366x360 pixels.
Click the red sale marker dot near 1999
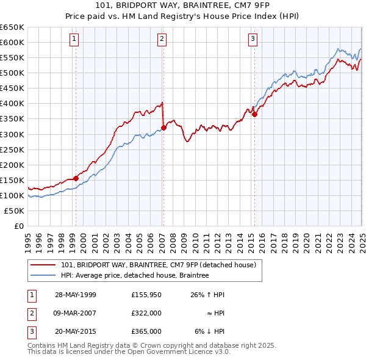click(x=76, y=178)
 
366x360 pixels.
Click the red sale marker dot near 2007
click(x=163, y=128)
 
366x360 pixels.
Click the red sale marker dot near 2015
click(x=254, y=114)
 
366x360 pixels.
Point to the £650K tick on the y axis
click(x=12, y=27)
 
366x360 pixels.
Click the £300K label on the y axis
click(x=12, y=134)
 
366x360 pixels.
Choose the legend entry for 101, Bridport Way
click(x=162, y=265)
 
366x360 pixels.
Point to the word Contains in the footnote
click(x=41, y=345)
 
